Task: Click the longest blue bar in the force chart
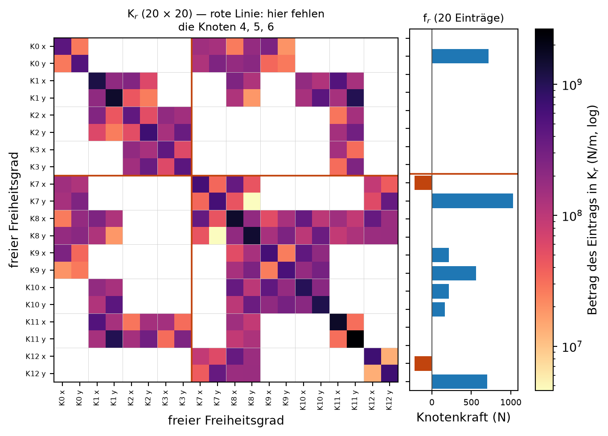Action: click(x=472, y=201)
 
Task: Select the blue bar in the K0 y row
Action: click(x=460, y=56)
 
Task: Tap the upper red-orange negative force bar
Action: click(x=423, y=183)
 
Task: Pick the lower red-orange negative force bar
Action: click(x=423, y=363)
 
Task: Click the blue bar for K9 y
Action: click(x=454, y=273)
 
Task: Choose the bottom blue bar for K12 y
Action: click(x=460, y=382)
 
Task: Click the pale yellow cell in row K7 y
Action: click(x=251, y=202)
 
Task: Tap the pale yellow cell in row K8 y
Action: click(x=218, y=236)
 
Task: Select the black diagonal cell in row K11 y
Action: click(x=355, y=339)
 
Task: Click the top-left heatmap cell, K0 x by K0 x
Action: click(x=63, y=46)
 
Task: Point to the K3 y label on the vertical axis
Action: click(x=38, y=167)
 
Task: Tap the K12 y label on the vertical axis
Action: click(x=36, y=374)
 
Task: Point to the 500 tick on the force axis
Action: click(x=472, y=402)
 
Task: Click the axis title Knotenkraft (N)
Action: click(x=464, y=417)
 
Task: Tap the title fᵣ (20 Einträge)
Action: click(x=463, y=18)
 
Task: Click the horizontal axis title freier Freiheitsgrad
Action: click(x=226, y=420)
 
